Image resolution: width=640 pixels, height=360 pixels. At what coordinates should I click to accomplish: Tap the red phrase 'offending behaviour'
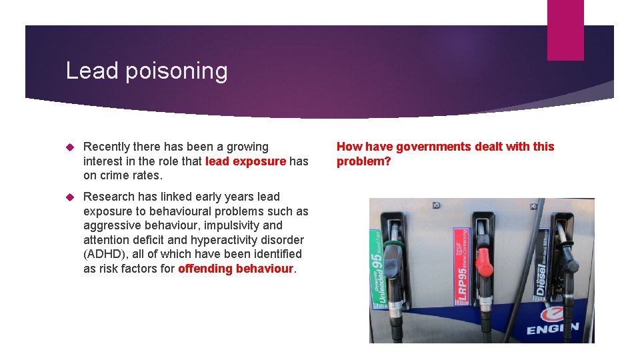coord(236,269)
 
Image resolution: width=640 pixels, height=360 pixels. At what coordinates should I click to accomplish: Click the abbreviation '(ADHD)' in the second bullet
coord(105,254)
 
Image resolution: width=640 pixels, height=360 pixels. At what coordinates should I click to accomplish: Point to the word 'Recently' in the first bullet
coord(109,147)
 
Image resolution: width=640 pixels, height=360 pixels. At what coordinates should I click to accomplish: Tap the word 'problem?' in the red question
coord(364,161)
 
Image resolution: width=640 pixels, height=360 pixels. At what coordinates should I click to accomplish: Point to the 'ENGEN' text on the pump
coord(553,329)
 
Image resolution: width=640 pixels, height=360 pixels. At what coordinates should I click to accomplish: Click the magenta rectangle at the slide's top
coord(565,30)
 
